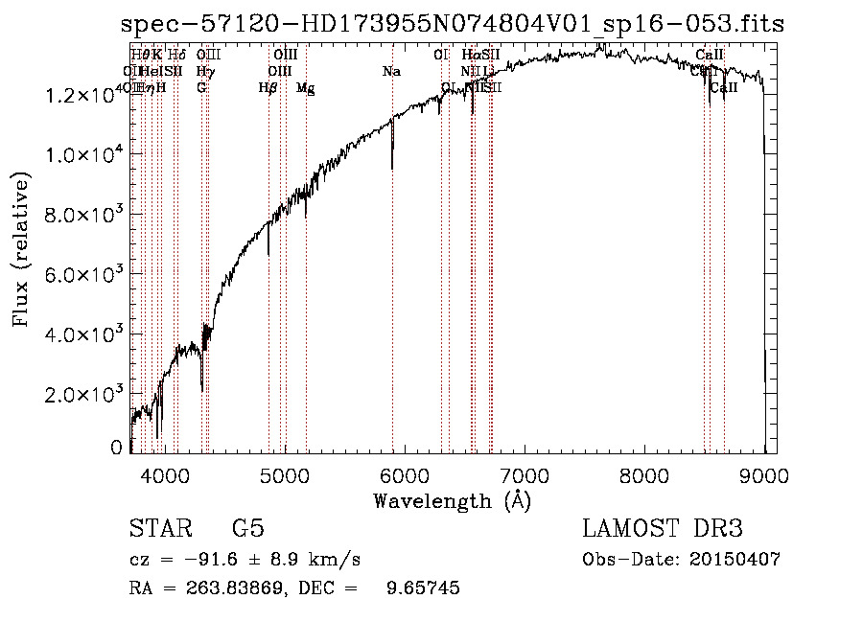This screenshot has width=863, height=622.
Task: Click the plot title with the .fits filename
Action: pos(453,24)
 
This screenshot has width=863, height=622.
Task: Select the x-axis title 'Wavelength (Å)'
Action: pos(452,500)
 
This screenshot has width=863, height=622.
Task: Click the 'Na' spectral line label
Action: pos(391,72)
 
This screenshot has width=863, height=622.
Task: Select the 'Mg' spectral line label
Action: pos(306,88)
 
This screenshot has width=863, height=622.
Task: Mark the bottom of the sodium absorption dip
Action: pos(392,168)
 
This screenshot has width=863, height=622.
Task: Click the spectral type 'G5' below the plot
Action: pos(247,529)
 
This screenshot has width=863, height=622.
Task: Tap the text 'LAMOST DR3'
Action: pos(663,529)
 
